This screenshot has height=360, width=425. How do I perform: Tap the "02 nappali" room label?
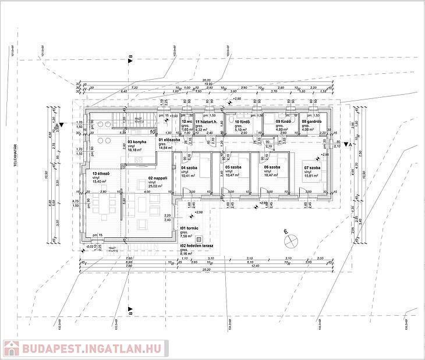pos(158,179)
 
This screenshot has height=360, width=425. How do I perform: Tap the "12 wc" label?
pos(187,122)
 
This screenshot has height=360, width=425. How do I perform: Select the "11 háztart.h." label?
pos(206,122)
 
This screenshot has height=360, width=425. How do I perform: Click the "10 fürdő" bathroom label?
pos(242,122)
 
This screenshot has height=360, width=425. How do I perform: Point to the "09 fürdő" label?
pos(283,122)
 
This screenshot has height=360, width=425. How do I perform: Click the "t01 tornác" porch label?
pos(190,229)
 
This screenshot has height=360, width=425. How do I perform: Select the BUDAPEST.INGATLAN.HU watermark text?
pos(93,348)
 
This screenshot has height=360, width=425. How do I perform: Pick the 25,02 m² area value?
pos(155,187)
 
